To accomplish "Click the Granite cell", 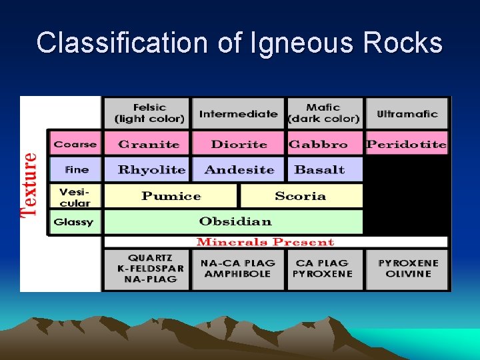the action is [x=148, y=144].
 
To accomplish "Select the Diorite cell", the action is [x=238, y=144].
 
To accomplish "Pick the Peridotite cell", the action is [x=406, y=144].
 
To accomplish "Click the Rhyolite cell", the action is [x=151, y=169].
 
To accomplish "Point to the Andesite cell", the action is [x=239, y=169].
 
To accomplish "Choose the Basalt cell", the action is [x=319, y=169].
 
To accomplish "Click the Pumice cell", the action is [x=171, y=196].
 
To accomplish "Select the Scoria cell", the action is [x=300, y=196].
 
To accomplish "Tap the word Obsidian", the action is [x=235, y=221].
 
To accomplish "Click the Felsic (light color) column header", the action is [x=149, y=113].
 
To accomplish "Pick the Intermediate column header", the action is [x=238, y=114].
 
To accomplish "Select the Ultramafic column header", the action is [x=407, y=114].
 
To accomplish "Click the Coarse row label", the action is [x=75, y=144].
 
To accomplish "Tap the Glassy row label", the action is [x=74, y=222].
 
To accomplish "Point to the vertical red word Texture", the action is [x=29, y=185].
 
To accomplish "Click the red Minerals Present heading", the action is [x=265, y=242].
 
